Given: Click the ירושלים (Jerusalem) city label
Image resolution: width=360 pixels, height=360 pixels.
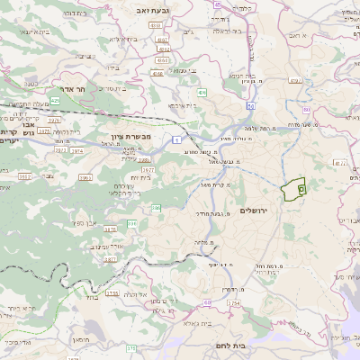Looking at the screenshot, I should [256, 210].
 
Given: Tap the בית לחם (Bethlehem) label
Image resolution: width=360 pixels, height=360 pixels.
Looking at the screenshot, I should [232, 345].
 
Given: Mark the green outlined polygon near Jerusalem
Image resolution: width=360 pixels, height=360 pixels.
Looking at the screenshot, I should [292, 190].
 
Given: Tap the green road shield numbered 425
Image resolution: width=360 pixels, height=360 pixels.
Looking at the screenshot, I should [55, 101].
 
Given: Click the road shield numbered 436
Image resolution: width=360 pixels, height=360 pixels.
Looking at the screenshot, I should [202, 92].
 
